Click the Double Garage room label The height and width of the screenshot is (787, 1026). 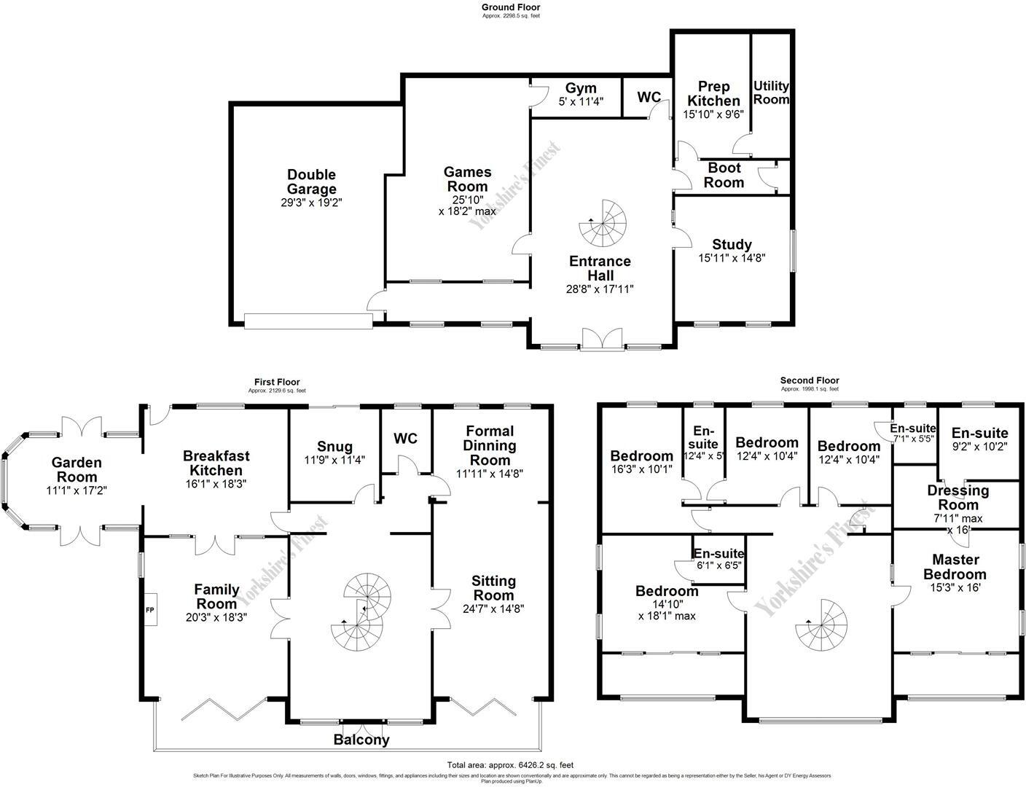pos(311,181)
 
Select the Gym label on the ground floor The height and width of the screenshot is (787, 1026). pos(581,88)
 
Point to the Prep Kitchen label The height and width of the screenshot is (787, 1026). pos(713,93)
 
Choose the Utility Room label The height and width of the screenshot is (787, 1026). pos(771,93)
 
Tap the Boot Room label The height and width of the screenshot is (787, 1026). pos(724,176)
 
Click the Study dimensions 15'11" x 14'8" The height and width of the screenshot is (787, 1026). pos(732,258)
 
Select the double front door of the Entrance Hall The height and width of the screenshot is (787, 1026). pos(602,340)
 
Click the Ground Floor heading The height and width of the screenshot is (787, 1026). pos(511,7)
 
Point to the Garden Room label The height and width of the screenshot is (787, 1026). pos(77,469)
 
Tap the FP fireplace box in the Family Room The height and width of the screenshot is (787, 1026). pos(150,609)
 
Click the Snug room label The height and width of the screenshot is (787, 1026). pos(334,447)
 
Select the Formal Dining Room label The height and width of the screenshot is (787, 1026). pos(490,445)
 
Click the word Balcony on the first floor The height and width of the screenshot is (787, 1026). pos(361,740)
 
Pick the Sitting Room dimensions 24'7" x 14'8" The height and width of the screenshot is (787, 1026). pos(493,609)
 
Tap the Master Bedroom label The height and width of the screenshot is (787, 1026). pos(955,566)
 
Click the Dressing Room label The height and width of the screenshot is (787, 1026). pos(958,498)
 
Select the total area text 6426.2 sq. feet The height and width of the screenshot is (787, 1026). pos(511,765)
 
